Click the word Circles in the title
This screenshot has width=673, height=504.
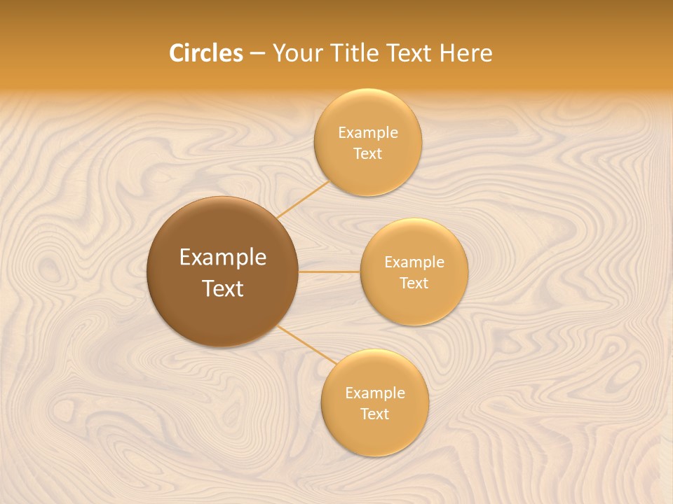point(206,53)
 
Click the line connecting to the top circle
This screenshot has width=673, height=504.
point(303,199)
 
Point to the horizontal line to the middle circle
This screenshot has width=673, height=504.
point(329,272)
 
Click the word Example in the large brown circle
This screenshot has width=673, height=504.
point(223,258)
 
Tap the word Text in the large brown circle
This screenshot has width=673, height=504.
point(223,288)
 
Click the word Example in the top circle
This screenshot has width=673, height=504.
point(367,133)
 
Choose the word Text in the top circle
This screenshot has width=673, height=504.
point(367,154)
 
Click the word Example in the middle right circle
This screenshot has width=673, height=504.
point(414,262)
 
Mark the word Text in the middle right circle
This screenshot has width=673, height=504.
point(414,283)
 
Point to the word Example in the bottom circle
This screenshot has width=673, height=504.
point(374,393)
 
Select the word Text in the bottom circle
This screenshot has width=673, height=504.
point(374,414)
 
